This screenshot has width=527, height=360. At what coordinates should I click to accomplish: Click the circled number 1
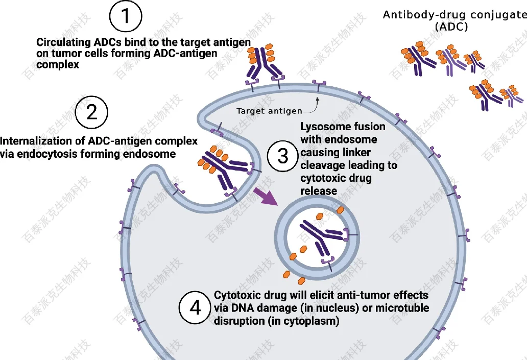126,17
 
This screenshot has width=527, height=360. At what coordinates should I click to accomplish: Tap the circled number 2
91,112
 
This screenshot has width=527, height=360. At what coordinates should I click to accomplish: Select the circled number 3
283,156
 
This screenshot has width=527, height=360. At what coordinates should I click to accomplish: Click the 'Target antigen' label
269,111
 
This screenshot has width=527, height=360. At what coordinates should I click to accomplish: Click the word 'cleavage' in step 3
320,165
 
